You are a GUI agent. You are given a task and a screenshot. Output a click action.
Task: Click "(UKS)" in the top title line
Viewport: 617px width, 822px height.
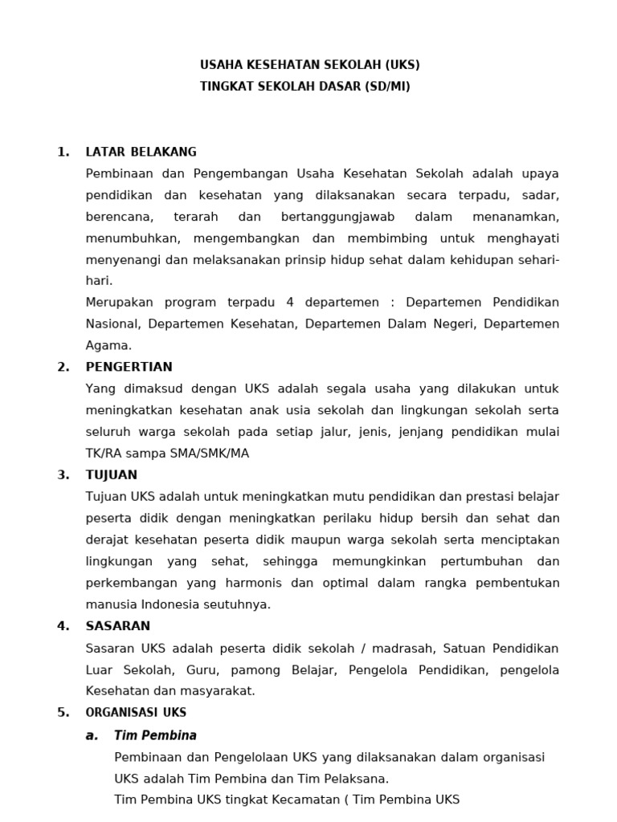point(402,65)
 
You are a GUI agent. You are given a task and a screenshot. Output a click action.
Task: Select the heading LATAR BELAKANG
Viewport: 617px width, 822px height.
point(141,152)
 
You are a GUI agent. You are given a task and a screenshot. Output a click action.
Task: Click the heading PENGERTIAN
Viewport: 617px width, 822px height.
point(129,367)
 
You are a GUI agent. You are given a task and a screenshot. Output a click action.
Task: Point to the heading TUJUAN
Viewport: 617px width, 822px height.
point(112,474)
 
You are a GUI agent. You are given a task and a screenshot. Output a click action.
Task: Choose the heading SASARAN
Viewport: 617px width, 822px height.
point(118,626)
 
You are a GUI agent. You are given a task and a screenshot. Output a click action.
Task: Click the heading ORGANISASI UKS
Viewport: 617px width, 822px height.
point(136,712)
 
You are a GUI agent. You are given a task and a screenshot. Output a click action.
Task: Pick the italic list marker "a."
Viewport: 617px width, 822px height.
point(92,735)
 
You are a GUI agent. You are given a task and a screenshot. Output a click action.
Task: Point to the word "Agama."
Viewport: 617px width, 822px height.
point(108,345)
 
